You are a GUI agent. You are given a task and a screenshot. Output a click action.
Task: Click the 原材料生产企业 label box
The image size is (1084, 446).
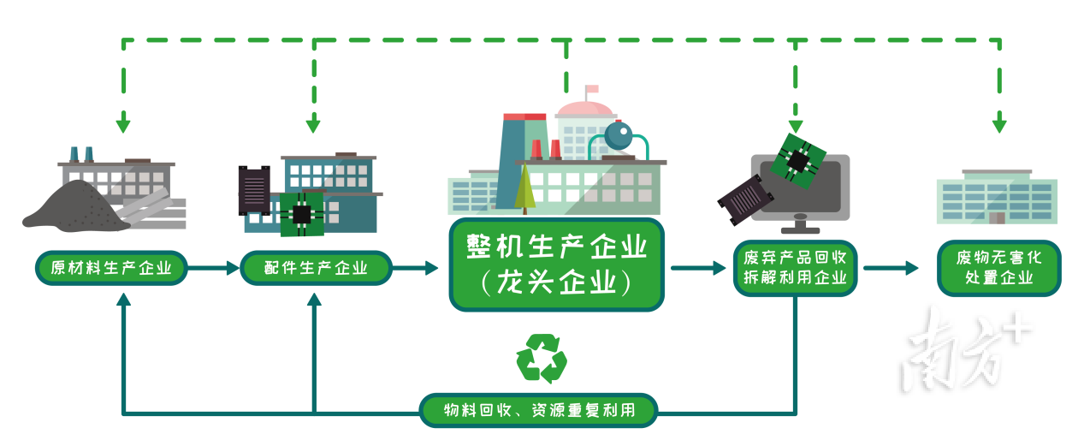point(111,268)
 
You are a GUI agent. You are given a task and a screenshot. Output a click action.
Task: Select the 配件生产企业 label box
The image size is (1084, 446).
point(316,268)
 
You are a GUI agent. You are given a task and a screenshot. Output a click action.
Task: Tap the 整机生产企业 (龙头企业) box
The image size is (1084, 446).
point(556,265)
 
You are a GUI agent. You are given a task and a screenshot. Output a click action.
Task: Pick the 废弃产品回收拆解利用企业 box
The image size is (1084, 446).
point(795,268)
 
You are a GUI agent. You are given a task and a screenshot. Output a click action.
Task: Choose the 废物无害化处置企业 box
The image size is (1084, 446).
point(999,268)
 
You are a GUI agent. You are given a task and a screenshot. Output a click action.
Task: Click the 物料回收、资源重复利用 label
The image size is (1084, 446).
point(539,410)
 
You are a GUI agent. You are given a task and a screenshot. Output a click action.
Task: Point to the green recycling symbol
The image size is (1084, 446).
point(542,359)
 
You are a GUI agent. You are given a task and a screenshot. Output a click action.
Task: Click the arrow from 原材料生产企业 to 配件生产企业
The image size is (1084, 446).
point(213,268)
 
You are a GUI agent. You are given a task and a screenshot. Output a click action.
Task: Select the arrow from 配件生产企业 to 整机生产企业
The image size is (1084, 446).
point(415,268)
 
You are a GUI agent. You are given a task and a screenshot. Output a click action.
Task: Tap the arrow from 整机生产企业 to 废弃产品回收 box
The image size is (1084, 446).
point(698,268)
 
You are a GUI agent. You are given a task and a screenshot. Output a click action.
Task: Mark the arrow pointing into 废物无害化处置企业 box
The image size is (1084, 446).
point(891,268)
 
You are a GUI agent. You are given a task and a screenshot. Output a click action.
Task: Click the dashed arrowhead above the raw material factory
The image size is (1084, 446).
point(123,122)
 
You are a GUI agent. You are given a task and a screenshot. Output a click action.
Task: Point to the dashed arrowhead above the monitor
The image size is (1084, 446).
point(795,126)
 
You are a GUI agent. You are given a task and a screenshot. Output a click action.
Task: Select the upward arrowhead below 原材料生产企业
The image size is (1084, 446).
point(124,300)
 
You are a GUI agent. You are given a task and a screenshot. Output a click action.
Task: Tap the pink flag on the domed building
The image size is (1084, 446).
point(592,89)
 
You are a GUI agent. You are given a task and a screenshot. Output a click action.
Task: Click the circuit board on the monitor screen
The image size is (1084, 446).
point(797,161)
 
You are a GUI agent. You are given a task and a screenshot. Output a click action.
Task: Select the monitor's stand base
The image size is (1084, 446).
point(801,230)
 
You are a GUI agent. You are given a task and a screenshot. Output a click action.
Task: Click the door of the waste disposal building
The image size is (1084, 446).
point(997,218)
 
